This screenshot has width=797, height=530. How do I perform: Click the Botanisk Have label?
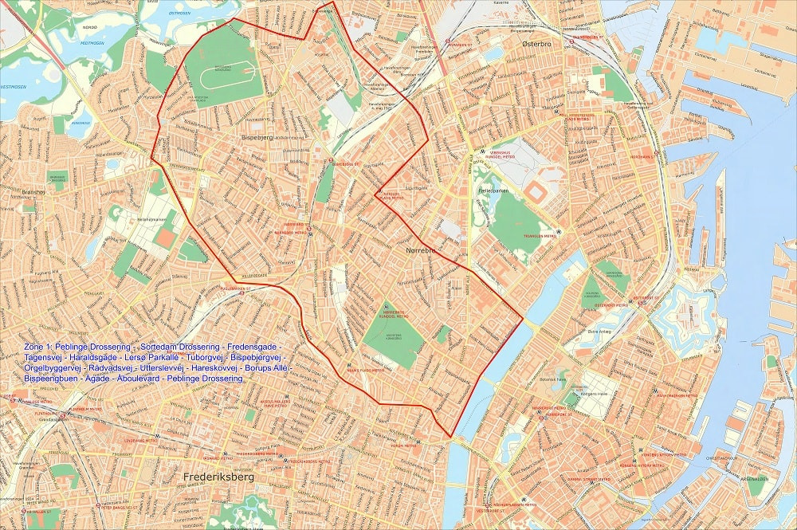[x=570, y=380]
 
